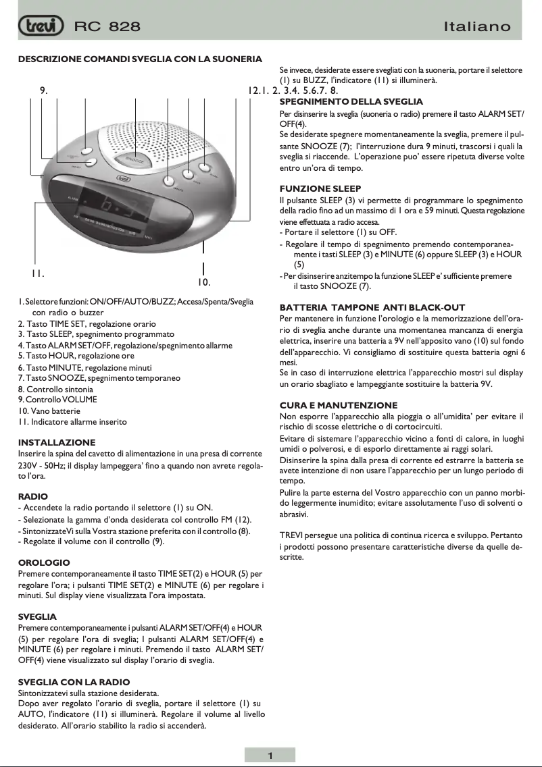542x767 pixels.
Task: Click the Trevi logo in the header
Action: click(x=41, y=26)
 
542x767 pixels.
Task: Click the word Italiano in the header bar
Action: click(x=477, y=27)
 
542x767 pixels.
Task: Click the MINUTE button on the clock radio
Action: click(x=168, y=181)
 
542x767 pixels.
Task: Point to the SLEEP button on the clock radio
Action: click(x=204, y=167)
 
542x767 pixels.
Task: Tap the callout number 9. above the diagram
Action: click(x=43, y=90)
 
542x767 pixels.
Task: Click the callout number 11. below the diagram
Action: click(x=38, y=273)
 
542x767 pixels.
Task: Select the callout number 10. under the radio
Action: click(x=204, y=282)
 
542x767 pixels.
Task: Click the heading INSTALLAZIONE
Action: click(x=50, y=442)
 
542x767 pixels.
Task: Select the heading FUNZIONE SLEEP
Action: click(x=320, y=188)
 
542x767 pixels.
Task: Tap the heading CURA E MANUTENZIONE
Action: click(x=339, y=405)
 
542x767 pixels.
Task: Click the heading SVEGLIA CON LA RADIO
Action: click(x=74, y=682)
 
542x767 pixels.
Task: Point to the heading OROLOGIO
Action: click(x=43, y=562)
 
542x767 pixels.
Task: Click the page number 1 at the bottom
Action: click(x=270, y=756)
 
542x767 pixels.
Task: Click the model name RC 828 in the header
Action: click(x=107, y=27)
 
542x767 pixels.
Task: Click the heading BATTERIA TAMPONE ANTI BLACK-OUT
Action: click(x=372, y=307)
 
